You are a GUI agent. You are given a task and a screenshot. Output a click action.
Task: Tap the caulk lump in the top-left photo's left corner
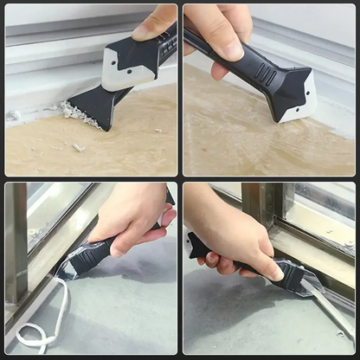(14, 114)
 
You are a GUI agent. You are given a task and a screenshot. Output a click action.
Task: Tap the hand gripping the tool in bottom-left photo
(130, 225)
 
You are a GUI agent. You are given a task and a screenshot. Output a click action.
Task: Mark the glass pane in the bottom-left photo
(52, 208)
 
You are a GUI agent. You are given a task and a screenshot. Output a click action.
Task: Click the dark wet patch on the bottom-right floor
(234, 320)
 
